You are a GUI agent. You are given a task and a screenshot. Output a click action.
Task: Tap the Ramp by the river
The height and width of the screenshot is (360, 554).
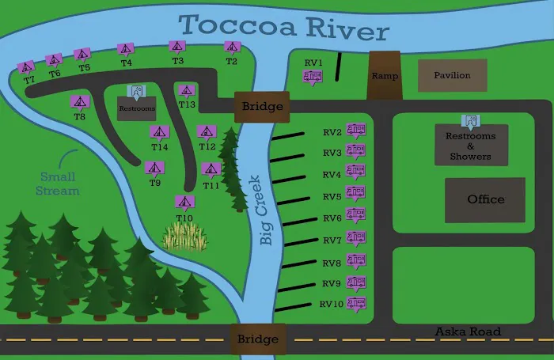(x=385, y=76)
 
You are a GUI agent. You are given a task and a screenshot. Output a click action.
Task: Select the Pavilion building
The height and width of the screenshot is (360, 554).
(x=452, y=75)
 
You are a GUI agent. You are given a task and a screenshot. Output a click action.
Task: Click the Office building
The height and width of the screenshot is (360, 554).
(x=485, y=199)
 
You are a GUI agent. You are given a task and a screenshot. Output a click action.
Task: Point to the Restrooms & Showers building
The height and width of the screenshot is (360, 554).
(x=471, y=146)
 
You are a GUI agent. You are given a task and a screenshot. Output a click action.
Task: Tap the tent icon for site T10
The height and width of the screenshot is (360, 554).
(x=184, y=203)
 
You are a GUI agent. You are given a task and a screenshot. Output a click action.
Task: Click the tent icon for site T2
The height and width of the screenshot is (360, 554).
(x=232, y=47)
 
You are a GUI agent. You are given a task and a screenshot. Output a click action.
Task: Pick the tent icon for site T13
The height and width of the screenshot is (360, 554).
(x=186, y=92)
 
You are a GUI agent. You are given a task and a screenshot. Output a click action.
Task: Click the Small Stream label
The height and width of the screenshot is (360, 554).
(x=59, y=184)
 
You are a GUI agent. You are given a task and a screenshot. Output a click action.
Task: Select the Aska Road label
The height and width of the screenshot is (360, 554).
(x=468, y=332)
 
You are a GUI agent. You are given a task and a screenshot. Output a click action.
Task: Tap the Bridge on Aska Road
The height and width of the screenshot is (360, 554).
(x=257, y=339)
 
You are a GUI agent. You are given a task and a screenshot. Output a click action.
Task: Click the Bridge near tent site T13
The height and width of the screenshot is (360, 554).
(x=257, y=106)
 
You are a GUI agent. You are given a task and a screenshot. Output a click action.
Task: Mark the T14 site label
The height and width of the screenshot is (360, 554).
(x=160, y=146)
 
